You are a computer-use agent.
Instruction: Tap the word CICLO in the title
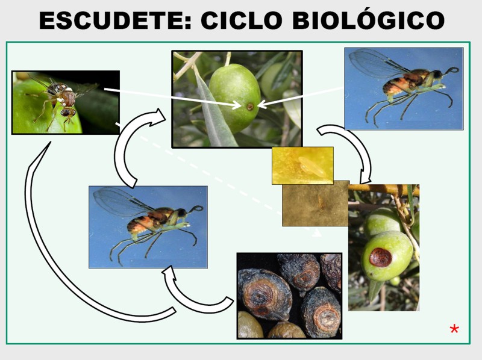coord(242,20)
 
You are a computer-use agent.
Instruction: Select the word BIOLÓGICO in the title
coord(368,20)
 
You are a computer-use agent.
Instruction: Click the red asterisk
coord(454,329)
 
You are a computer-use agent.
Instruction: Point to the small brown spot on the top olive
coord(250,107)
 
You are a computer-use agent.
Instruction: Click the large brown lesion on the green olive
coord(381,257)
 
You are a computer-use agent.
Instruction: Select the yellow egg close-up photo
coord(302,166)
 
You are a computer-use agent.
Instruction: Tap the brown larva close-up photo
coord(316,203)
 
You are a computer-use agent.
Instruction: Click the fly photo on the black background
coord(66,102)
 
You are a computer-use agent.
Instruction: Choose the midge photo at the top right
coord(404,88)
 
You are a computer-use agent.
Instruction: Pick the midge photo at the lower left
coord(148,227)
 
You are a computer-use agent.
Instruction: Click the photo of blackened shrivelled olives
coord(289,296)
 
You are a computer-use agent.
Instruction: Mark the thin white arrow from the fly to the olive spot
coord(172,98)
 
